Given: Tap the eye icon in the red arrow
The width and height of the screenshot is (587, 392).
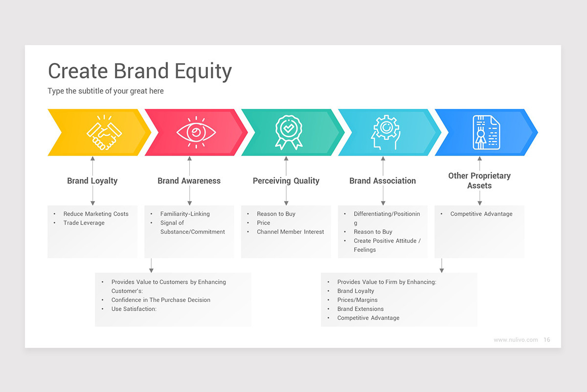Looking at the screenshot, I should [x=196, y=133].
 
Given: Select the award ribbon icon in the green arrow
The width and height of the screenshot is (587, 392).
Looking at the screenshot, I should [x=288, y=133].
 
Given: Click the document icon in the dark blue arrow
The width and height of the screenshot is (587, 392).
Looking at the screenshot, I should [x=486, y=132].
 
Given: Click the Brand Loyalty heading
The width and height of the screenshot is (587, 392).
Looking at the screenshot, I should [x=92, y=181].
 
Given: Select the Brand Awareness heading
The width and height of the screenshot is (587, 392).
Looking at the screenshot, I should [x=189, y=181].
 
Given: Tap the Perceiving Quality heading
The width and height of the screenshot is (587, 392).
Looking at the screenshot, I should [x=286, y=181].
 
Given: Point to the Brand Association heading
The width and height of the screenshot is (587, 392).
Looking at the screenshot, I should [x=383, y=181].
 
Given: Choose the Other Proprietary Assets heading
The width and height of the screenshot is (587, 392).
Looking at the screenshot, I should [x=479, y=180].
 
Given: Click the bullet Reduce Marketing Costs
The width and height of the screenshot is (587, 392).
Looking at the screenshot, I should [x=96, y=214].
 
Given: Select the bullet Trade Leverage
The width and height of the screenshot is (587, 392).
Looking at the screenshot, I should [x=84, y=223].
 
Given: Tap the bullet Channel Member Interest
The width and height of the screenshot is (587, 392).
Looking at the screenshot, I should [x=290, y=232].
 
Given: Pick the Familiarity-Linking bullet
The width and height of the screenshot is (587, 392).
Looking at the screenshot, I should [x=185, y=214].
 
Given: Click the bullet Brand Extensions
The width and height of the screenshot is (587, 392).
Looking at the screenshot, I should [x=360, y=309].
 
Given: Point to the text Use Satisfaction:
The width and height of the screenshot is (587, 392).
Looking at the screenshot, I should [x=134, y=309].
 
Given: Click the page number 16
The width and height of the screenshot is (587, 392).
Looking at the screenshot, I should [x=547, y=340].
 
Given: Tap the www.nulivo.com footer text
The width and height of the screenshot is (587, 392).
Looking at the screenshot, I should [x=516, y=340].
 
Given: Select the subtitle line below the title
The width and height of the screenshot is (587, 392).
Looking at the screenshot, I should [x=106, y=91].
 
